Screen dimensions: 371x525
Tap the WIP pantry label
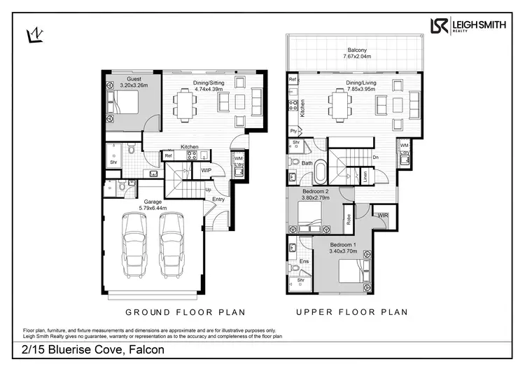click(x=206, y=170)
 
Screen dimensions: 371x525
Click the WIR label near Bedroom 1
click(x=382, y=216)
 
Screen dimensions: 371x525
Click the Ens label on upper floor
click(x=304, y=261)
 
